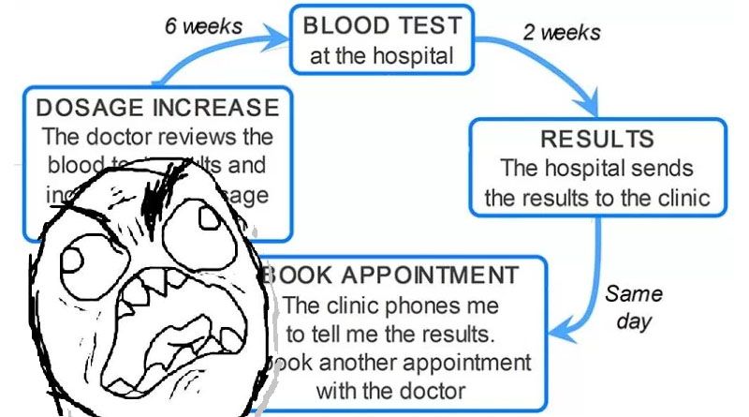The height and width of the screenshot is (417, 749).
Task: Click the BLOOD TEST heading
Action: (382, 26)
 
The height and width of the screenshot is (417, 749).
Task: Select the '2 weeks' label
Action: (561, 32)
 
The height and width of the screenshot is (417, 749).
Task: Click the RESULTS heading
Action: (597, 140)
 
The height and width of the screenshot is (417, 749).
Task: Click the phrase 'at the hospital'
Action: (382, 55)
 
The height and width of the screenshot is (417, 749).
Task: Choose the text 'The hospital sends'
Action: (597, 169)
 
